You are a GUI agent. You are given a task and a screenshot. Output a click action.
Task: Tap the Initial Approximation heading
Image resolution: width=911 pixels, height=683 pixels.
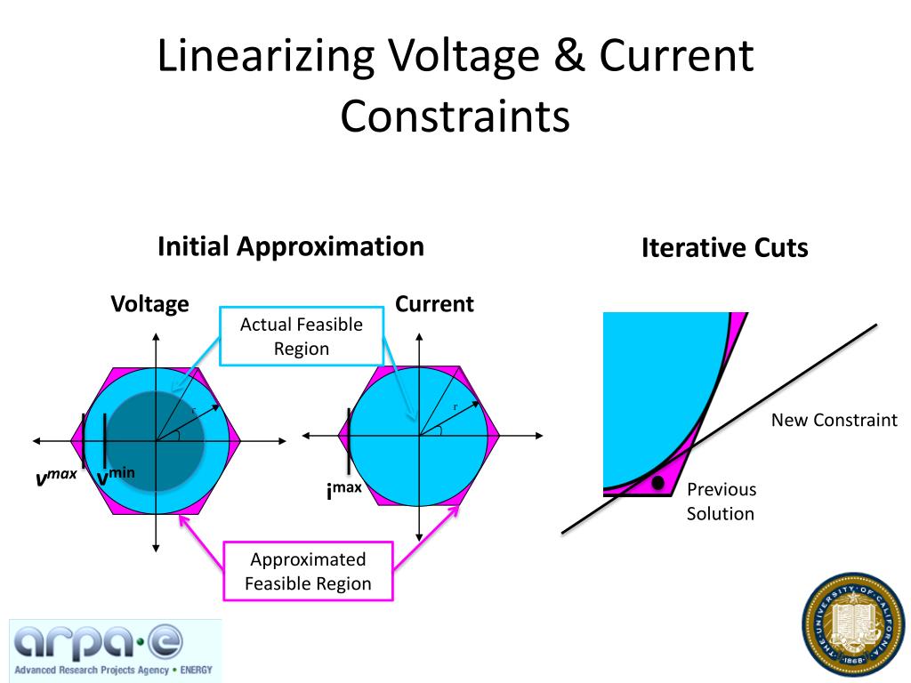point(290,246)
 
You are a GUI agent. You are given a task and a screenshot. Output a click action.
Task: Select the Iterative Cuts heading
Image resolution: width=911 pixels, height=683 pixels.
point(724,248)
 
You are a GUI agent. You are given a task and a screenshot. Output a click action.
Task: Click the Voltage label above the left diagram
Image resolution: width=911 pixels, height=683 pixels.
point(149,304)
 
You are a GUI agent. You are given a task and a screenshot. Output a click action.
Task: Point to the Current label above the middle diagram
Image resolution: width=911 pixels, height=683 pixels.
point(434,304)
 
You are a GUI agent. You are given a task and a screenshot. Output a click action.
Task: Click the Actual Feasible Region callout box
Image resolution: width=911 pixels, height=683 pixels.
point(302,336)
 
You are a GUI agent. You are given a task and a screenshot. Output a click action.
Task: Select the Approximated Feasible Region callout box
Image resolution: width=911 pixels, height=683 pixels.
point(308,572)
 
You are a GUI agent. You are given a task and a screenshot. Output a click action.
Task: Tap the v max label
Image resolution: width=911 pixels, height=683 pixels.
point(56,479)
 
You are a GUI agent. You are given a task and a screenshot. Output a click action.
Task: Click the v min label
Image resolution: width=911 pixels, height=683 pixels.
point(116,478)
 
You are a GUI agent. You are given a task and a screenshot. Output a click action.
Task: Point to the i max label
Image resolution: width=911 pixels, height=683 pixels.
point(343,490)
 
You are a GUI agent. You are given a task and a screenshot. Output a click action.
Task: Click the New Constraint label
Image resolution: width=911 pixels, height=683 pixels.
point(834,420)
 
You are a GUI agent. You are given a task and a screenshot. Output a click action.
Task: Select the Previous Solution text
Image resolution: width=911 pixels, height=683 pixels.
point(721,502)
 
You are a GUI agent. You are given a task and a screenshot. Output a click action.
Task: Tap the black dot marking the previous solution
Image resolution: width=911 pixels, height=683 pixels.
point(657,483)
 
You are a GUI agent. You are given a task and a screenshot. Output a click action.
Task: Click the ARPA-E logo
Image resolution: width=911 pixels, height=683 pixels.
point(115,650)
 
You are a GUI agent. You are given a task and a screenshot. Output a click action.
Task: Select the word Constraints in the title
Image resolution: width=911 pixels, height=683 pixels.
point(455,117)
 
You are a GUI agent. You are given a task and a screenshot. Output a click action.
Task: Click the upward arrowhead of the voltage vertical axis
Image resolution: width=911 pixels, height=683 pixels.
point(157,337)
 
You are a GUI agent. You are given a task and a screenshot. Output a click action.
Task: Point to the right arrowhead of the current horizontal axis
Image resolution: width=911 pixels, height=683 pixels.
point(538,436)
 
